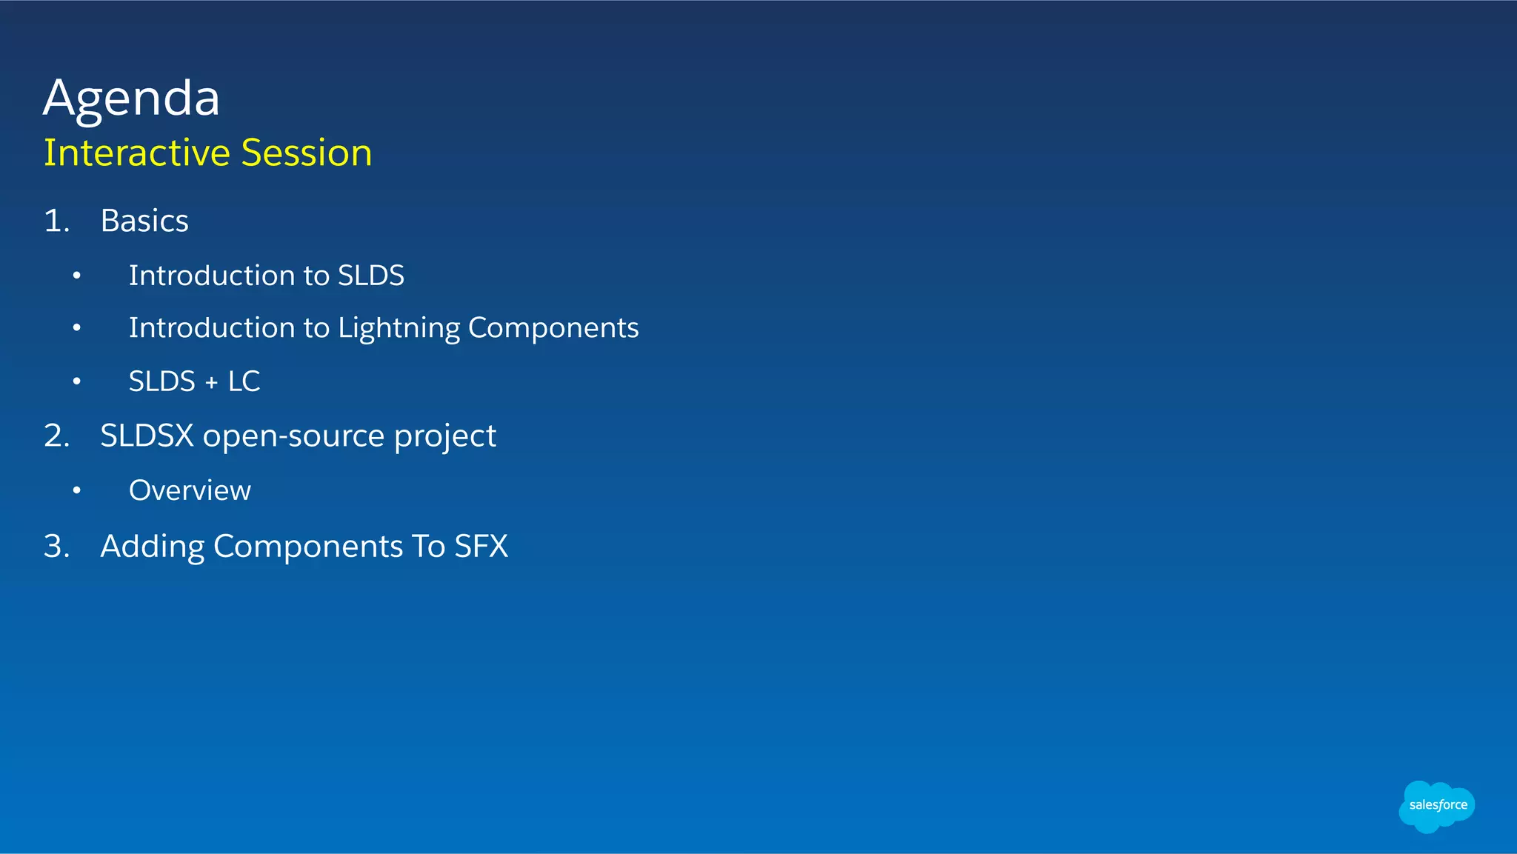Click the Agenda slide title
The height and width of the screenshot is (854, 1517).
coord(131,98)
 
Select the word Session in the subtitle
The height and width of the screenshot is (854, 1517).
coord(306,153)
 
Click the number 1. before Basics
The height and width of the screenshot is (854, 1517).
coord(56,221)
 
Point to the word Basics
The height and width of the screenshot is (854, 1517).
coord(144,221)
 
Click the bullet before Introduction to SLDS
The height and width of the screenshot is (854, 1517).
coord(76,276)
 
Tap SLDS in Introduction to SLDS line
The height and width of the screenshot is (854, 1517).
coord(370,276)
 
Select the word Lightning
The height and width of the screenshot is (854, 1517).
coord(399,328)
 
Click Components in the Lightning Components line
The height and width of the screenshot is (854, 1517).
coord(553,328)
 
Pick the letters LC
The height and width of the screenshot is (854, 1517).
coord(244,381)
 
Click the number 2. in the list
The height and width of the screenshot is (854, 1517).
coord(56,436)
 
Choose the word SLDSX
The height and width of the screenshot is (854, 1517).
coord(147,436)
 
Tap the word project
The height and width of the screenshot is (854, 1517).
coord(444,436)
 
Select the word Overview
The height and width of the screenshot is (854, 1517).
coord(190,490)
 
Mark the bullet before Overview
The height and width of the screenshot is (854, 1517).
coord(76,490)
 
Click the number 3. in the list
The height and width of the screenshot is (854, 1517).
coord(56,547)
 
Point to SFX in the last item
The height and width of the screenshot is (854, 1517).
coord(481,547)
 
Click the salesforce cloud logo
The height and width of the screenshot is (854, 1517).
coord(1436,806)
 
